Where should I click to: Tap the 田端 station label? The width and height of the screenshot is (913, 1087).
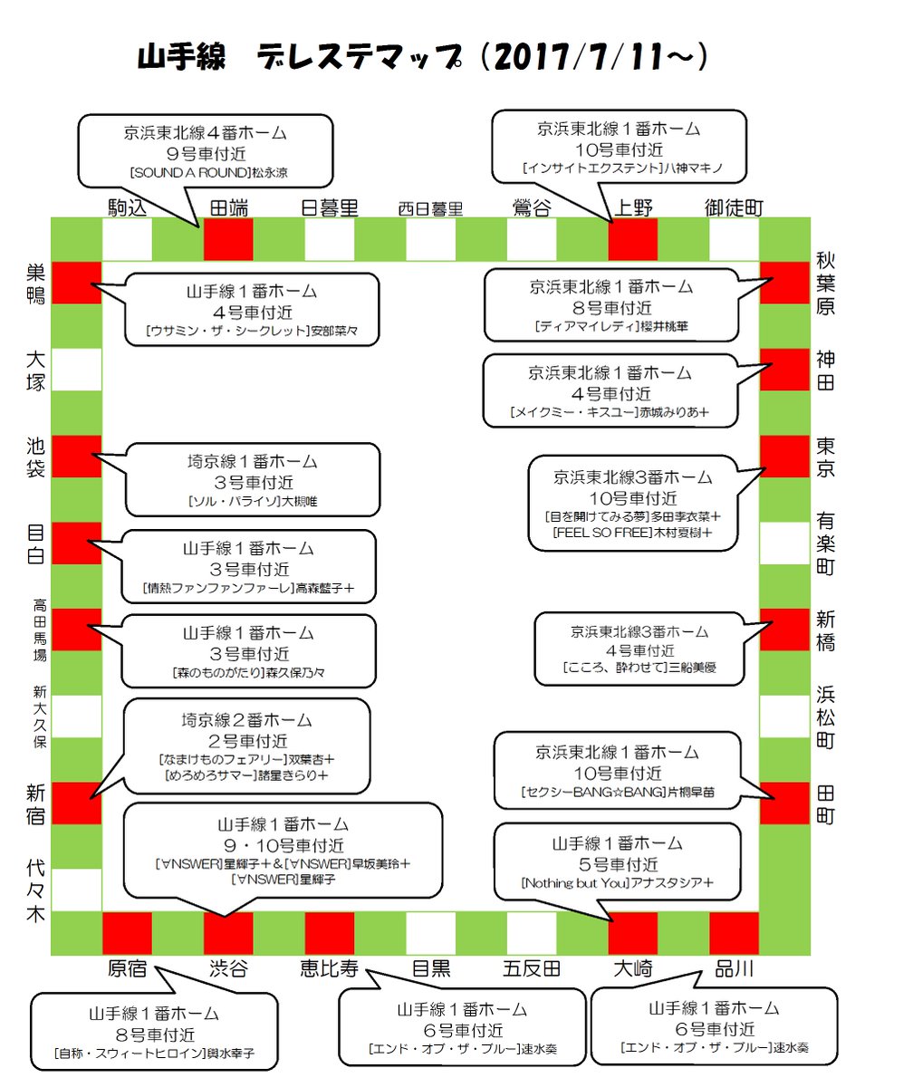(230, 207)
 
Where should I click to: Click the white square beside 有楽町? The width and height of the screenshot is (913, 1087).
(783, 543)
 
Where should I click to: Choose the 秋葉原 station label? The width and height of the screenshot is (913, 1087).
(825, 283)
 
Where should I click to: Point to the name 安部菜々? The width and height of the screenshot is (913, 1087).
(331, 332)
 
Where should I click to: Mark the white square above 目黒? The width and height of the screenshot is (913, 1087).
(430, 933)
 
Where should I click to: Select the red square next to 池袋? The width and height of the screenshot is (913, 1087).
(77, 457)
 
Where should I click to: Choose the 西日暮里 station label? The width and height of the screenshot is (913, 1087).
(430, 209)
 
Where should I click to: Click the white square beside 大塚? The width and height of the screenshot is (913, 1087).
(77, 370)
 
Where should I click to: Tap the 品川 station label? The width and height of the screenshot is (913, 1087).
(734, 967)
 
